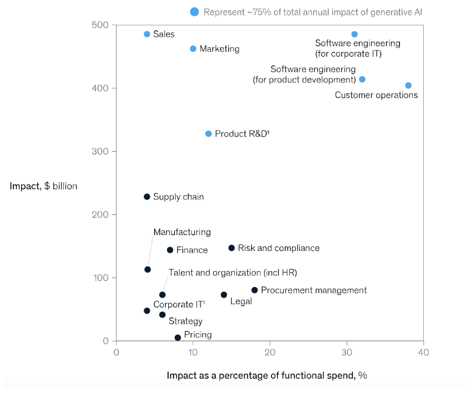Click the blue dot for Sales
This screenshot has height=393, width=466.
point(147,34)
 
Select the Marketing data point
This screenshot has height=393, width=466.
point(193,48)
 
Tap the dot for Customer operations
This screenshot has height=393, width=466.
point(409,86)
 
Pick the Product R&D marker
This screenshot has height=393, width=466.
point(209,133)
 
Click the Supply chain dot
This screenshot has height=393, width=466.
point(147,196)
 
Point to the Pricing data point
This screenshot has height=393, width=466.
point(178,337)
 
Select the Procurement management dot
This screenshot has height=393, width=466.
point(254,290)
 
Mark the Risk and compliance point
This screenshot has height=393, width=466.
point(232,248)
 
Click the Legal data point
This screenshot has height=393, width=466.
point(224,294)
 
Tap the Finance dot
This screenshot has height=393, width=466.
point(170,250)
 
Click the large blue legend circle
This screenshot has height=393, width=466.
point(194,12)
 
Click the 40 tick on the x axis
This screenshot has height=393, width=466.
point(424,353)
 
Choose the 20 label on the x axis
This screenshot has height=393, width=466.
point(270,353)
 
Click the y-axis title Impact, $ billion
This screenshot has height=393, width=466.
point(43,186)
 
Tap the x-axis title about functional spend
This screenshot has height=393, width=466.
point(267,375)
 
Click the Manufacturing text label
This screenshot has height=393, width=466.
point(182,232)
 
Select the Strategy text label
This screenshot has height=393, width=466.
point(185,321)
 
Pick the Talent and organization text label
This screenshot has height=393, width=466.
point(232,272)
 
